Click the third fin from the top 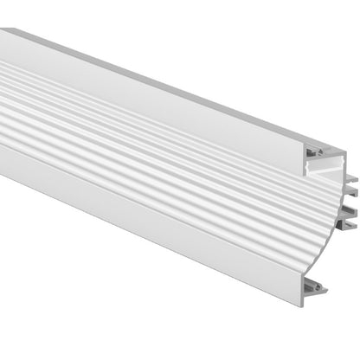[350, 212]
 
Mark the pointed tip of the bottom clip [328, 288]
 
